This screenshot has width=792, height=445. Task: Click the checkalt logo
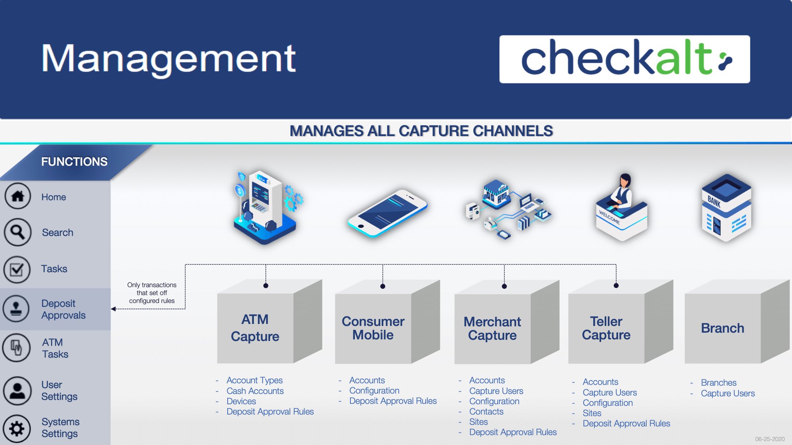pos(624,59)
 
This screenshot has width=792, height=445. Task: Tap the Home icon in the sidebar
pos(17,196)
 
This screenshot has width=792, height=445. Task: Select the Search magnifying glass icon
pos(17,232)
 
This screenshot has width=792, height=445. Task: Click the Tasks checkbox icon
pos(17,269)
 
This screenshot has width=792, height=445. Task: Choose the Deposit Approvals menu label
pos(63,309)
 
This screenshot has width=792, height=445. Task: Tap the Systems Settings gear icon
pos(17,428)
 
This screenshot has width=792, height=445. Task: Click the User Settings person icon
pos(17,391)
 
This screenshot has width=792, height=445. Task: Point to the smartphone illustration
pos(387,214)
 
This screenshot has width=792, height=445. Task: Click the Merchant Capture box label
pos(492,328)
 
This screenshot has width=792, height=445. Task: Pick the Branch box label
pos(722,328)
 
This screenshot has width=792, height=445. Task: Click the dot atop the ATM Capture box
pos(266,286)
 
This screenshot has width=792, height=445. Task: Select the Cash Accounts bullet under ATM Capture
pos(255,391)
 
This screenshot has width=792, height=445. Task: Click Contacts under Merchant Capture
pos(486,412)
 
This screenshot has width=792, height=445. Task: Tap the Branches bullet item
pos(718,383)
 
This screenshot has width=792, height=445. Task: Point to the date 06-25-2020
pos(769,439)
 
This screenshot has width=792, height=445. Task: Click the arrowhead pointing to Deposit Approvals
pos(113,309)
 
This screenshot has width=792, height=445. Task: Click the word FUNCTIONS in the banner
pos(74,162)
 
